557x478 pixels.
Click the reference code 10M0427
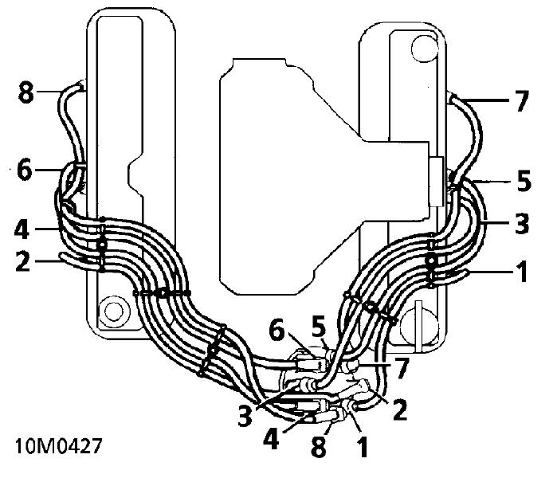point(58,445)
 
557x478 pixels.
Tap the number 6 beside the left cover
point(25,170)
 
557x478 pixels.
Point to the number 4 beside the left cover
point(22,229)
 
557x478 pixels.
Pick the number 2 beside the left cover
point(23,261)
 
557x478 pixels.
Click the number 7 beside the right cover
point(522,101)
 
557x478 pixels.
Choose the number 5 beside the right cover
point(524,180)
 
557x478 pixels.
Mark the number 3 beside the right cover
point(522,223)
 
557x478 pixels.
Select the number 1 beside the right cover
point(521,272)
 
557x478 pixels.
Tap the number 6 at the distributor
point(277,332)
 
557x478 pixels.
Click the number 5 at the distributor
point(319,326)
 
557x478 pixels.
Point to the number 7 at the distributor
point(402,368)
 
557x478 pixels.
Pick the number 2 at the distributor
point(399,409)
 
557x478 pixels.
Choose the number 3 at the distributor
point(245,416)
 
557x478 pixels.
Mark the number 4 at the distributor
point(271,439)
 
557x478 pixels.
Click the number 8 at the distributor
point(318,445)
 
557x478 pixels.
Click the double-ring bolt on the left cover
point(114,311)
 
